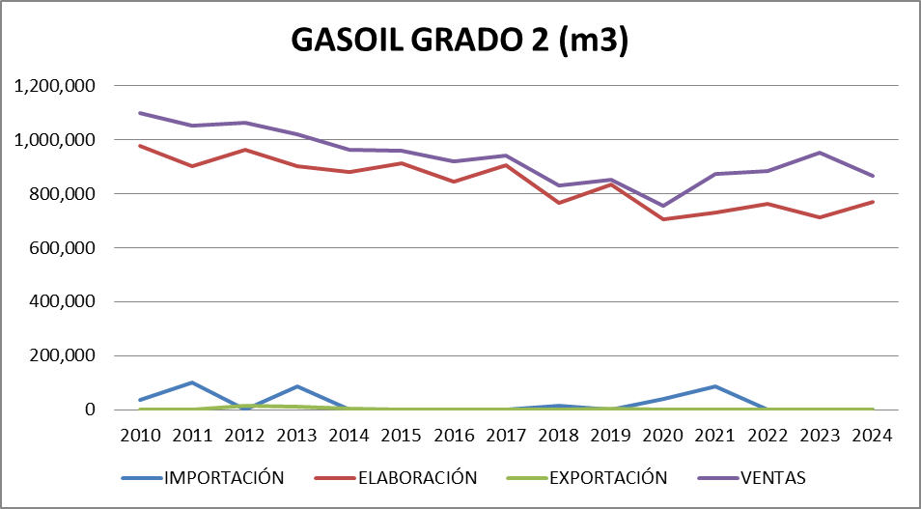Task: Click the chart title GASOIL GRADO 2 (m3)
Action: click(x=460, y=42)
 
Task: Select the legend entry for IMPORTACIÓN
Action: click(x=223, y=477)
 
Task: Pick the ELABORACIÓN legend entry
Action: click(x=416, y=477)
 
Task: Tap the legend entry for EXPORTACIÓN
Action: click(x=608, y=477)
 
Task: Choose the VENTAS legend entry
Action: click(x=772, y=477)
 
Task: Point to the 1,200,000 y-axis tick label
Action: click(x=55, y=86)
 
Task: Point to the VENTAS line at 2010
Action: click(x=140, y=113)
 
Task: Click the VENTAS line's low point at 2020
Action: click(x=663, y=206)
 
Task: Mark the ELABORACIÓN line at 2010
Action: click(x=140, y=146)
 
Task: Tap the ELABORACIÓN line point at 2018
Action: click(x=559, y=203)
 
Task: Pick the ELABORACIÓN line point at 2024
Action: click(x=873, y=202)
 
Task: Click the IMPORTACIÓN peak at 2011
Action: click(x=192, y=382)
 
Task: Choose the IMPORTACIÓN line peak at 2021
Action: click(x=715, y=386)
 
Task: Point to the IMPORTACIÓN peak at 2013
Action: click(x=297, y=386)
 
